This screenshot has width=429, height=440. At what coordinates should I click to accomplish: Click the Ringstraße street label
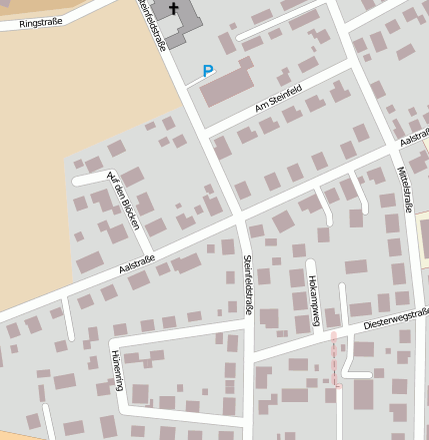point(28,21)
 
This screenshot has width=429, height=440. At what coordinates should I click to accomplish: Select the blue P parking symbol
point(208,71)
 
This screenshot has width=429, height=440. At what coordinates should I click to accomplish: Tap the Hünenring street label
point(118,370)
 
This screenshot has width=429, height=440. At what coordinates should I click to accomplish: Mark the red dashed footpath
point(336,359)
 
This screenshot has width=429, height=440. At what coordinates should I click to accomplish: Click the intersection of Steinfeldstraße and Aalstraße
point(240,219)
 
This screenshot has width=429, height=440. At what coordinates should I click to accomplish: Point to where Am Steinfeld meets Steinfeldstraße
point(205,128)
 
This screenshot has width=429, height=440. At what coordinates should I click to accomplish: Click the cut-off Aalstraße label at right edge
point(414,141)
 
